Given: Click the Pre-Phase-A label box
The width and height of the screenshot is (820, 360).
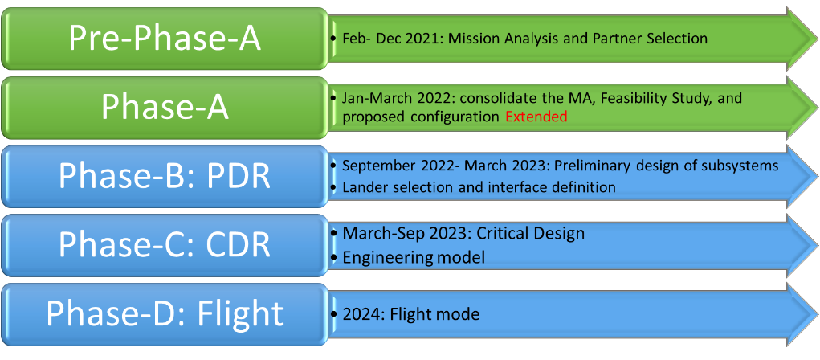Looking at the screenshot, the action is (x=165, y=39).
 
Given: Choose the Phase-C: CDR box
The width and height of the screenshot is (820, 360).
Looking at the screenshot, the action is (x=165, y=245).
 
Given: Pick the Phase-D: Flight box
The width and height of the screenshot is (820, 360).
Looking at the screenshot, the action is (x=165, y=314).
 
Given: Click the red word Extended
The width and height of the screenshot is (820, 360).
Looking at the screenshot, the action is (x=536, y=117).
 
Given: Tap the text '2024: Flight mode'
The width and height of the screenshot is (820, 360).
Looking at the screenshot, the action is (x=411, y=314).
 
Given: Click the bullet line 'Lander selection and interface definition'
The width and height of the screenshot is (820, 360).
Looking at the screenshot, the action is (x=479, y=186).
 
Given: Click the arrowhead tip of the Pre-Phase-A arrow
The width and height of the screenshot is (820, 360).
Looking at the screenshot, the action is (x=818, y=39).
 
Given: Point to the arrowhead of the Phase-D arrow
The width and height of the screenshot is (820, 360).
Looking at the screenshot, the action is (x=803, y=314).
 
